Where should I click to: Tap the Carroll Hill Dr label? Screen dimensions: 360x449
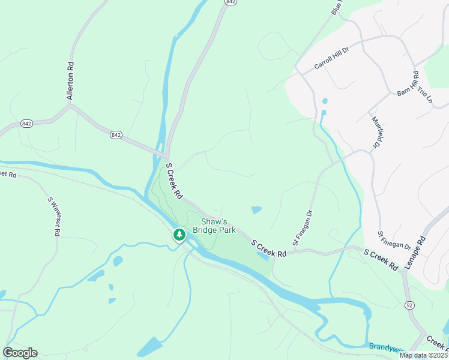pyautogui.click(x=331, y=58)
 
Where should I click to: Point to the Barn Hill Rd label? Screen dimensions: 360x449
pyautogui.click(x=407, y=84)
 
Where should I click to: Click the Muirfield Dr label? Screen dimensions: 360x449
pyautogui.click(x=376, y=131)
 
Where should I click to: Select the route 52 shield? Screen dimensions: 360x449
pyautogui.click(x=409, y=305)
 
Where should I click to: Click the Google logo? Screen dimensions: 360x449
pyautogui.click(x=20, y=353)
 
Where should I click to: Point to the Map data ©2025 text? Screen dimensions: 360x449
pyautogui.click(x=423, y=355)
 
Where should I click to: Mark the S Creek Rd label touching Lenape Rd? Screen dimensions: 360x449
pyautogui.click(x=381, y=258)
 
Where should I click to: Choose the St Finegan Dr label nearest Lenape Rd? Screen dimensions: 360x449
pyautogui.click(x=394, y=239)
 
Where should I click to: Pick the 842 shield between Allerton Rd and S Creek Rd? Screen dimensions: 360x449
pyautogui.click(x=116, y=135)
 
